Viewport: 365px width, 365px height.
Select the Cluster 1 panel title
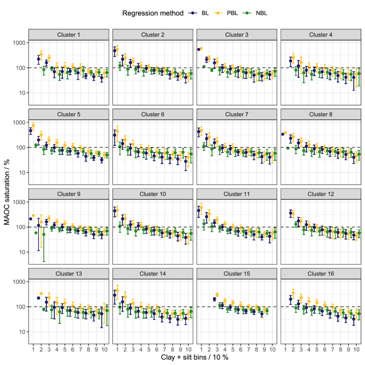pos(69,35)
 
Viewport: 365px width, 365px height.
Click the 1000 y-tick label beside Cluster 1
pos(19,43)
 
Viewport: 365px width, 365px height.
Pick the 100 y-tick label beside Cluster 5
pos(21,148)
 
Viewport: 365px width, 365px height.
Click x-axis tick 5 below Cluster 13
pos(64,348)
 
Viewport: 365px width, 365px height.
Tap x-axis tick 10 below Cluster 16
pos(356,348)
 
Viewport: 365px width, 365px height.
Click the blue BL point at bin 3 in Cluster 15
pos(215,299)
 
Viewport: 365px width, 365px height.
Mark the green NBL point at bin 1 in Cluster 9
pos(36,233)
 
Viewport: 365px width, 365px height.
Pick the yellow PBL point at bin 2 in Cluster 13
pos(42,294)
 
